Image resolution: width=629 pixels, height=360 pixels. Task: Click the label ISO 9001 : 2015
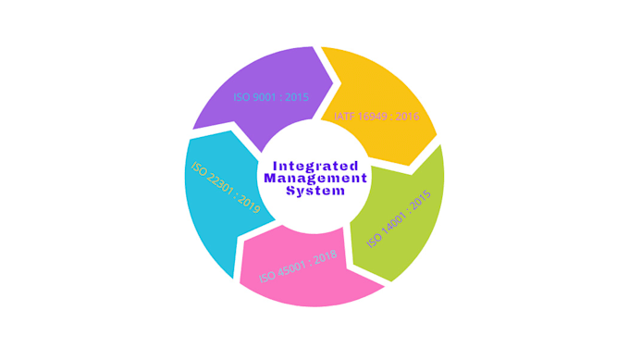point(271,96)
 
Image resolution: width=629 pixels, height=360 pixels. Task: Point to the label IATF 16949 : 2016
point(376,117)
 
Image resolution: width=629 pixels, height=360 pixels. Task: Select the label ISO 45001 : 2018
point(298,267)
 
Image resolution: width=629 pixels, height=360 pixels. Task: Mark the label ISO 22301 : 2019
point(226,188)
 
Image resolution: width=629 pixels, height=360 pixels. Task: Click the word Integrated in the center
point(315,165)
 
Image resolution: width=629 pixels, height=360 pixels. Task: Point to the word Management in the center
point(315,178)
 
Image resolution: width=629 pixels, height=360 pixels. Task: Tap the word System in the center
point(315,191)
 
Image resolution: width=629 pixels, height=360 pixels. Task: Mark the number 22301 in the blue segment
point(223,185)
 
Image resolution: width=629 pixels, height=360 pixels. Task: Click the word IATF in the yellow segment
point(343,117)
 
